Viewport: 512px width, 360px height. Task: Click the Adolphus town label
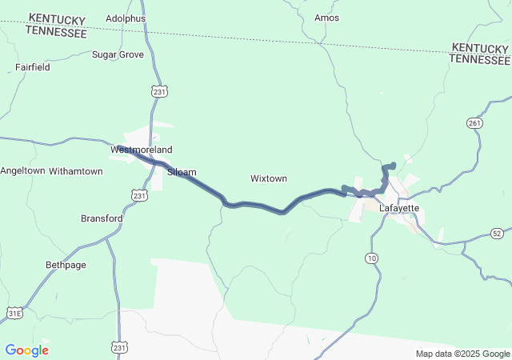tap(126, 18)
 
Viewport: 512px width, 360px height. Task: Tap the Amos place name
tap(327, 18)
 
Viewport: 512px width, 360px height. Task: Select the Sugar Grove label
tap(118, 54)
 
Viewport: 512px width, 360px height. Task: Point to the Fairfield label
tap(33, 67)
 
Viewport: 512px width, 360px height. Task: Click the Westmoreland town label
tap(141, 150)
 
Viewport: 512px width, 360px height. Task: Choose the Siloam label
tap(182, 171)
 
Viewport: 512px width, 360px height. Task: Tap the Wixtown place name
tap(269, 178)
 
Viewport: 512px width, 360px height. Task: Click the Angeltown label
tap(22, 171)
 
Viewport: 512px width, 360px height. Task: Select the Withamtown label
tap(76, 171)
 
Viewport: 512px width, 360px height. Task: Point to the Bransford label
tap(102, 218)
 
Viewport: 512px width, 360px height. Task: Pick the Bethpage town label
tap(66, 264)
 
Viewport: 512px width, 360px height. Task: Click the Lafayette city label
tap(399, 208)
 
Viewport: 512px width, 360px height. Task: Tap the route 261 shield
tap(474, 122)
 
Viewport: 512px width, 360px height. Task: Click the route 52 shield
tap(497, 233)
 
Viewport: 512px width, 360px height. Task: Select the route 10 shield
tap(371, 258)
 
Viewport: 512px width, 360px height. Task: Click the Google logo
tap(26, 350)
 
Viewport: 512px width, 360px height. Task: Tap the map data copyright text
tap(462, 354)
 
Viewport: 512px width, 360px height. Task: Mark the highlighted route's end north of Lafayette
tap(392, 166)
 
